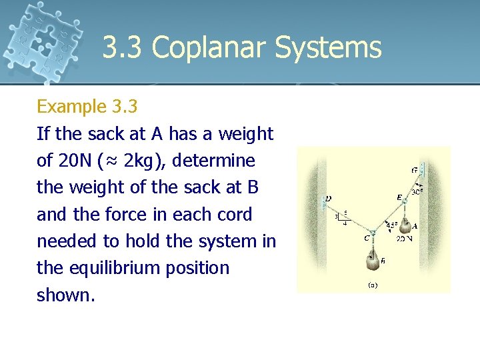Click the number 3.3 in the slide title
(x=125, y=48)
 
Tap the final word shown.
(x=65, y=295)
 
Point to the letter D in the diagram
(x=329, y=199)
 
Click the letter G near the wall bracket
(x=414, y=171)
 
